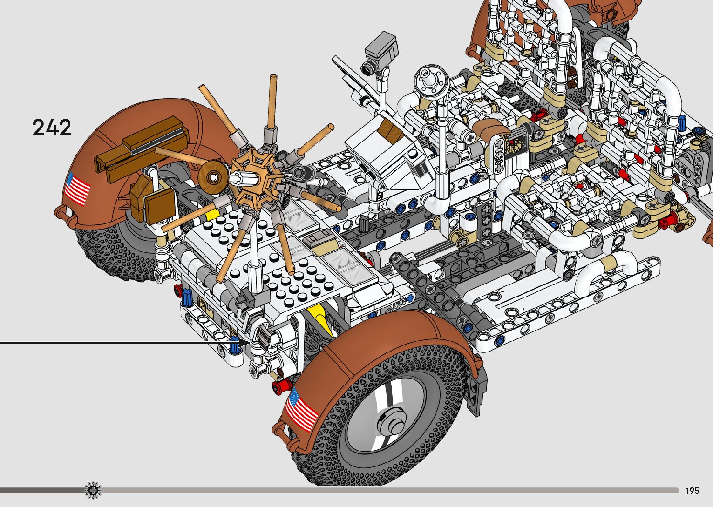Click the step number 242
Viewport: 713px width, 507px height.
click(52, 127)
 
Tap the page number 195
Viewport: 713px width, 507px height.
click(693, 490)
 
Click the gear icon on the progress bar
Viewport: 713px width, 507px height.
click(93, 490)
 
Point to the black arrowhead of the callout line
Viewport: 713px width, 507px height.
click(244, 343)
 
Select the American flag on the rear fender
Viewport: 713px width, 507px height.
click(77, 189)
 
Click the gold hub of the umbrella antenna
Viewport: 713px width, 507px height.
click(257, 179)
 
